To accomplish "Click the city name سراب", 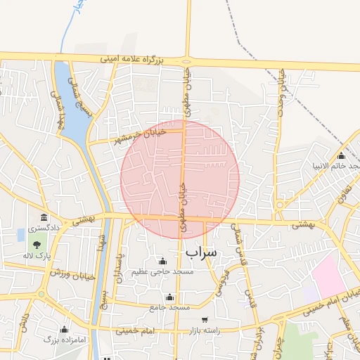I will tap(202, 251).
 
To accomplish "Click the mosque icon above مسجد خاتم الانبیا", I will tap(342, 156).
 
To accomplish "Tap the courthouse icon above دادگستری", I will tap(44, 217).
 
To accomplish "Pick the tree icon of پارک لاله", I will tap(36, 245).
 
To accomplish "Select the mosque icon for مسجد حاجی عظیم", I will tap(163, 261).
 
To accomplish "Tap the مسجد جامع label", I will tap(169, 307).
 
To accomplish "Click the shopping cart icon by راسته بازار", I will tap(205, 320).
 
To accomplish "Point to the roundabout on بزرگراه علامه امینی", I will tap(187, 60).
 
